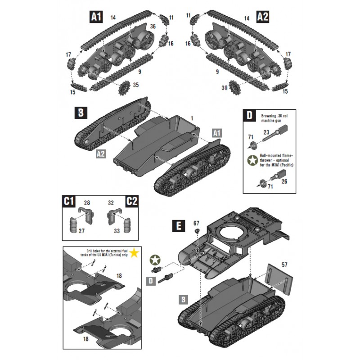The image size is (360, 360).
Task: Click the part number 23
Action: (x=266, y=133)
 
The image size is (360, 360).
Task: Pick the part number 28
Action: (x=87, y=203)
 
